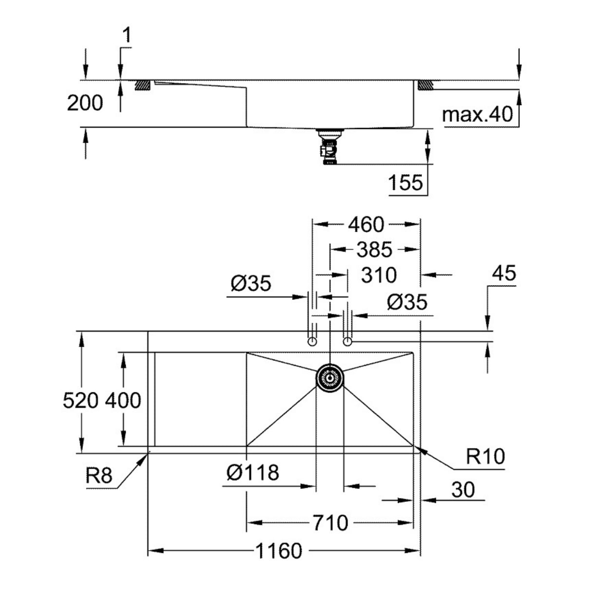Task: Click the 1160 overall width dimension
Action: [x=278, y=551]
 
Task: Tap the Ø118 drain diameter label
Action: [x=253, y=473]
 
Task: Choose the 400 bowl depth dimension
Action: [x=124, y=401]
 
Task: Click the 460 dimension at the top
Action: [x=366, y=224]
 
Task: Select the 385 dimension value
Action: [x=374, y=250]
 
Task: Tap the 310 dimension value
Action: [x=379, y=275]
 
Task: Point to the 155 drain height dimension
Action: [x=406, y=183]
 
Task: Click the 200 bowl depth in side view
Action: [x=85, y=103]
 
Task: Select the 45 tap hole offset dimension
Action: [x=504, y=274]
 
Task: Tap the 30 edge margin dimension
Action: [x=462, y=490]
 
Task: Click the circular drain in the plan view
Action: [x=331, y=377]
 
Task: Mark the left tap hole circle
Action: [x=313, y=342]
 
